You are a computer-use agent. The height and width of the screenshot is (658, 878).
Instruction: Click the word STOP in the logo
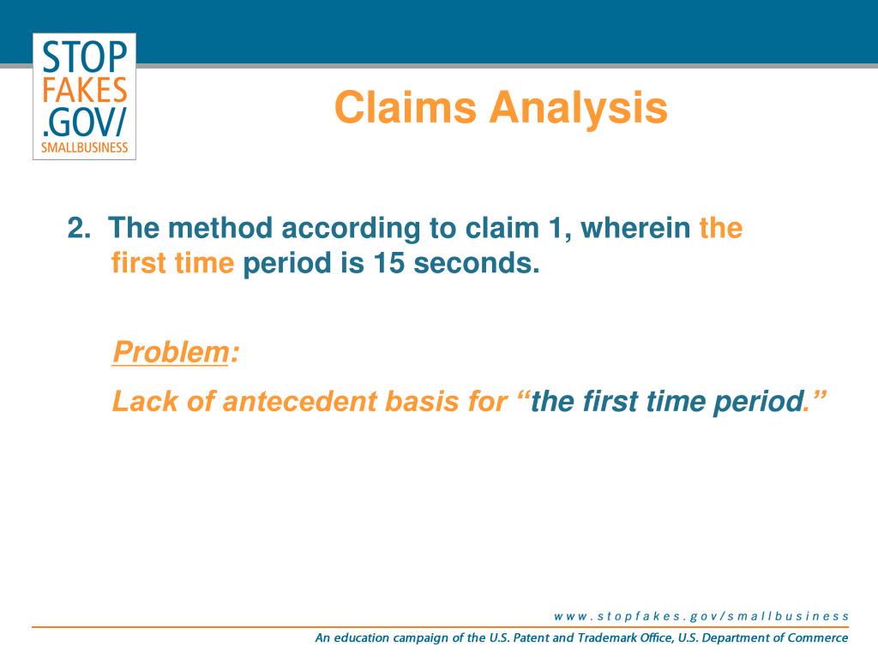85,57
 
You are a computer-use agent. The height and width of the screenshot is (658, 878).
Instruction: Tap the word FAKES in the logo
85,89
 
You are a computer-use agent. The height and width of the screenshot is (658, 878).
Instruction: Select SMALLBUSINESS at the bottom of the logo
85,147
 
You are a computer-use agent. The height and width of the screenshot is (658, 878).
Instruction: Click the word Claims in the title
406,107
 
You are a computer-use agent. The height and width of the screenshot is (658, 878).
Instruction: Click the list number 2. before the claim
79,228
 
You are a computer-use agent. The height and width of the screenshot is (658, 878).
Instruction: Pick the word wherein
635,228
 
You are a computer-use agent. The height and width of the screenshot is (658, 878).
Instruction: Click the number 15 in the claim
388,262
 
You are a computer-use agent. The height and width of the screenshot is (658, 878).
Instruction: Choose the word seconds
477,262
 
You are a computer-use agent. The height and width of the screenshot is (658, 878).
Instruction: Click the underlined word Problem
171,352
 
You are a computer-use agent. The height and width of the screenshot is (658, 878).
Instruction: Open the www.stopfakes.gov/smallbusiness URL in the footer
701,616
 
